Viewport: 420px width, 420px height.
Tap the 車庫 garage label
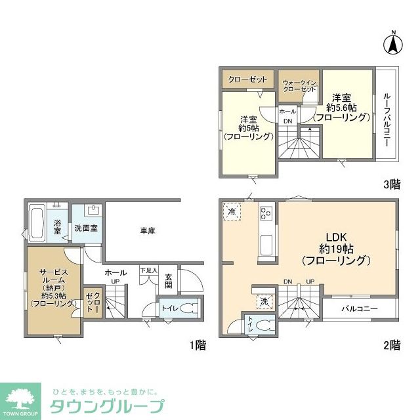(x=147, y=230)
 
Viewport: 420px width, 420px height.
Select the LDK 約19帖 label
(x=337, y=248)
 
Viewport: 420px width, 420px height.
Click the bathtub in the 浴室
(x=37, y=222)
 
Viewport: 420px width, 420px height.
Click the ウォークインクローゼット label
(x=299, y=85)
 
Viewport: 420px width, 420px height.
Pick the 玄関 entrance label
(x=168, y=280)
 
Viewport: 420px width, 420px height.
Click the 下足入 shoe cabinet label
(x=149, y=270)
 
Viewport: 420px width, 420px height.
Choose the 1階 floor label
(x=197, y=345)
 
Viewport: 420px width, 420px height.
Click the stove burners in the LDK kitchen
(x=267, y=213)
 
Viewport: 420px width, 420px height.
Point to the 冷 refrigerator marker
(x=232, y=212)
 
